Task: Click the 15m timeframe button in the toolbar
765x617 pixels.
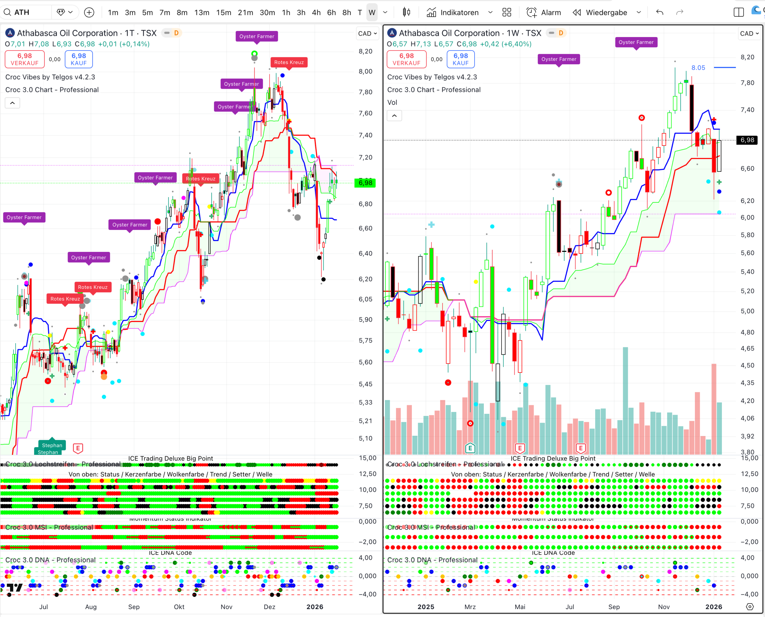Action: point(223,13)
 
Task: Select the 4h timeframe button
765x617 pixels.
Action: point(316,13)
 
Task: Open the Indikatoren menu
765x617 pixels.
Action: point(453,13)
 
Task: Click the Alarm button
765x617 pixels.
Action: point(544,13)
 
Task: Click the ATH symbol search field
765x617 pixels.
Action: point(27,13)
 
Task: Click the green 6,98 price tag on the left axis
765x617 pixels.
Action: point(365,183)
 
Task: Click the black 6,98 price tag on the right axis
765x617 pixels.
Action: point(747,140)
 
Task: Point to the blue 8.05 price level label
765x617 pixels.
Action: point(698,68)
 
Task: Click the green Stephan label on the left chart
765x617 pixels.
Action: point(52,445)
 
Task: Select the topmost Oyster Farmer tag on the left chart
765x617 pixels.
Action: point(256,36)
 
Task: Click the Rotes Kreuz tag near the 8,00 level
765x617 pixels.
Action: point(289,62)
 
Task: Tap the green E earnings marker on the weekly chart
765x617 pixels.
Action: point(470,448)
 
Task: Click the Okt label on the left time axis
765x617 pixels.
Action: point(179,607)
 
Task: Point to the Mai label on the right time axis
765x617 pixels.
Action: point(520,607)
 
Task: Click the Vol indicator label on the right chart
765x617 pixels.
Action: point(392,102)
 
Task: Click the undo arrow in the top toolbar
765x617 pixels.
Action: point(659,13)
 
